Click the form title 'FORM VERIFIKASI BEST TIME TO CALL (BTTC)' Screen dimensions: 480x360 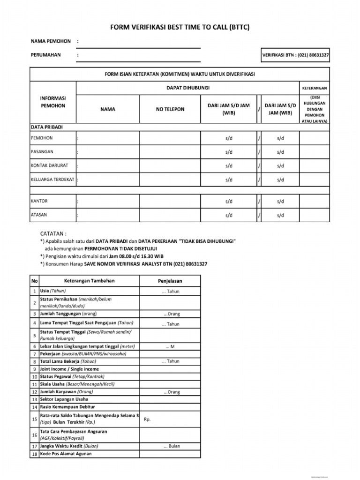point(180,28)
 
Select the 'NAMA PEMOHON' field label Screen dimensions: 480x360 point(51,41)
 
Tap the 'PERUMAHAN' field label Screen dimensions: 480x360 point(46,55)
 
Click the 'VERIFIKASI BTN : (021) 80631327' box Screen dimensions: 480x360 point(295,55)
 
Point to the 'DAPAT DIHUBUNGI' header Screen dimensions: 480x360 point(188,88)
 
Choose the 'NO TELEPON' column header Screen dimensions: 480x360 point(170,109)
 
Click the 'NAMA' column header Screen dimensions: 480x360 point(107,109)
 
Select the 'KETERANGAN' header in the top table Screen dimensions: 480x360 point(314,88)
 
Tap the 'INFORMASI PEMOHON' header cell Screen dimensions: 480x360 point(53,102)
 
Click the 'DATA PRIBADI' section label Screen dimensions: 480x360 point(47,127)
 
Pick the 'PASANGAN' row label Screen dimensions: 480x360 point(42,152)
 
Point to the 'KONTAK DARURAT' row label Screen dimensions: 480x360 point(50,165)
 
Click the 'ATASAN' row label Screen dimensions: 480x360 point(39,215)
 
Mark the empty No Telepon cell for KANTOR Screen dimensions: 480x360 point(170,201)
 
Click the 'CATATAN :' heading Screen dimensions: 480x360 point(53,233)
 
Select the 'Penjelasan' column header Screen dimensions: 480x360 point(170,281)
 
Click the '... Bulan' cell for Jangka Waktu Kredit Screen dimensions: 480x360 point(170,446)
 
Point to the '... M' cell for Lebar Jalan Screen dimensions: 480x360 point(170,346)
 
